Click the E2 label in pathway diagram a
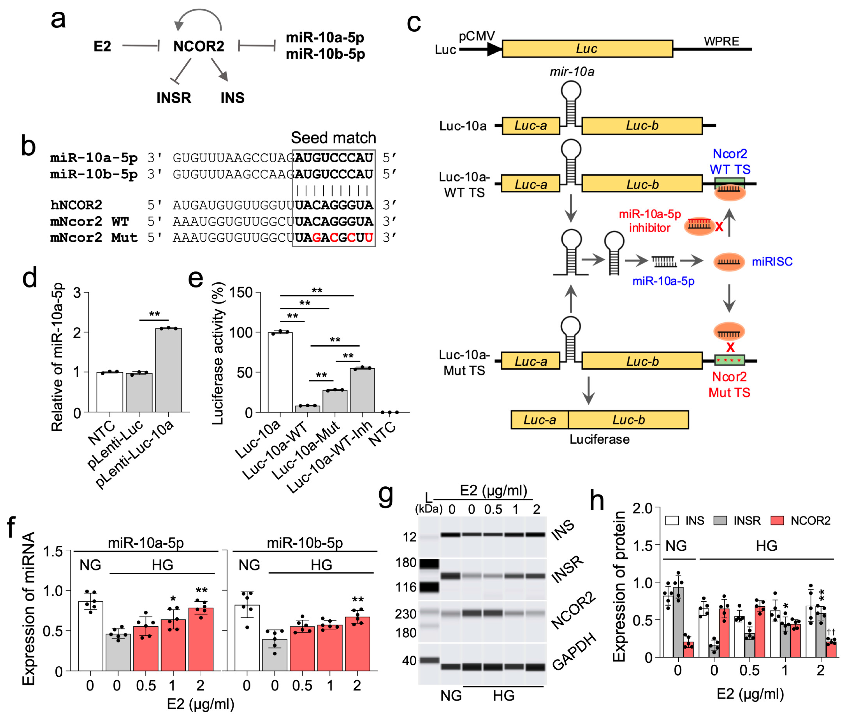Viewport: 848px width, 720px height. tap(102, 46)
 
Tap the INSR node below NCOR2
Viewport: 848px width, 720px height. tap(173, 98)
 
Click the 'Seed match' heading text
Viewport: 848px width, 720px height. tap(333, 138)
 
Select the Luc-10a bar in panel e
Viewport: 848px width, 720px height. tap(280, 372)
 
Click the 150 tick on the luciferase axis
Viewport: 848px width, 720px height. tap(241, 293)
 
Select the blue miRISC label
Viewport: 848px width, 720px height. tap(772, 262)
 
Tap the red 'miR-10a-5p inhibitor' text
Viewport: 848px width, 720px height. tap(650, 221)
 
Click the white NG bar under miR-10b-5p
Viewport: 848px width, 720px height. tap(247, 638)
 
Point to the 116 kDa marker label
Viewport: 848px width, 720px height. tap(405, 587)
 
